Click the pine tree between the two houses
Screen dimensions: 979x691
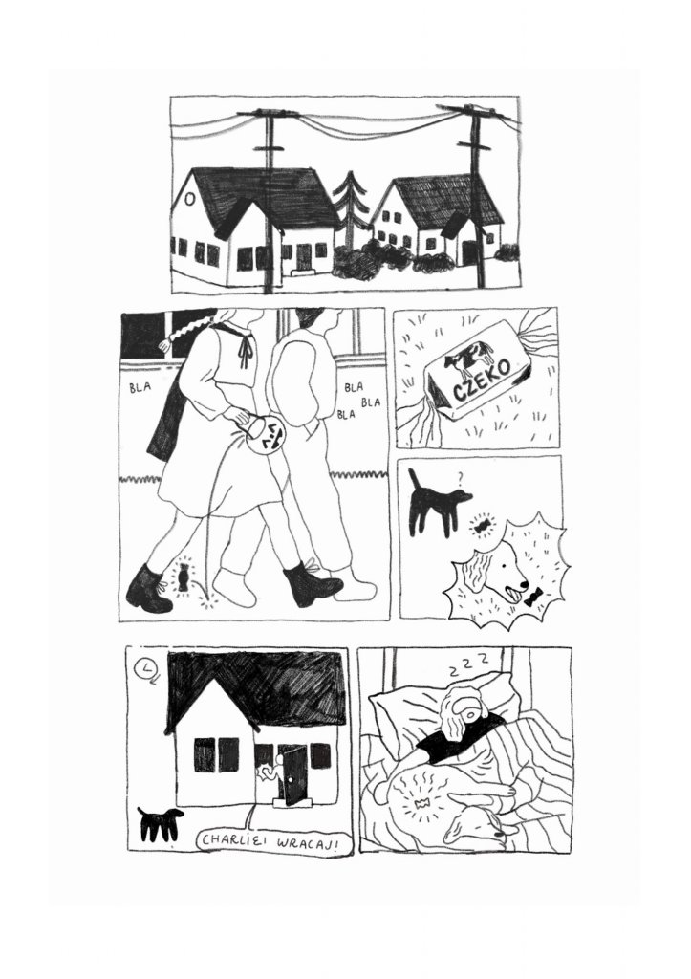pos(352,212)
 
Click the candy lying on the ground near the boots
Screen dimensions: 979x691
pos(180,578)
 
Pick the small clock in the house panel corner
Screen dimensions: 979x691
pos(146,667)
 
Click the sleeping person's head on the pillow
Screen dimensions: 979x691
pos(463,707)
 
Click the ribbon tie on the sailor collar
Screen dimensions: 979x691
pos(246,354)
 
